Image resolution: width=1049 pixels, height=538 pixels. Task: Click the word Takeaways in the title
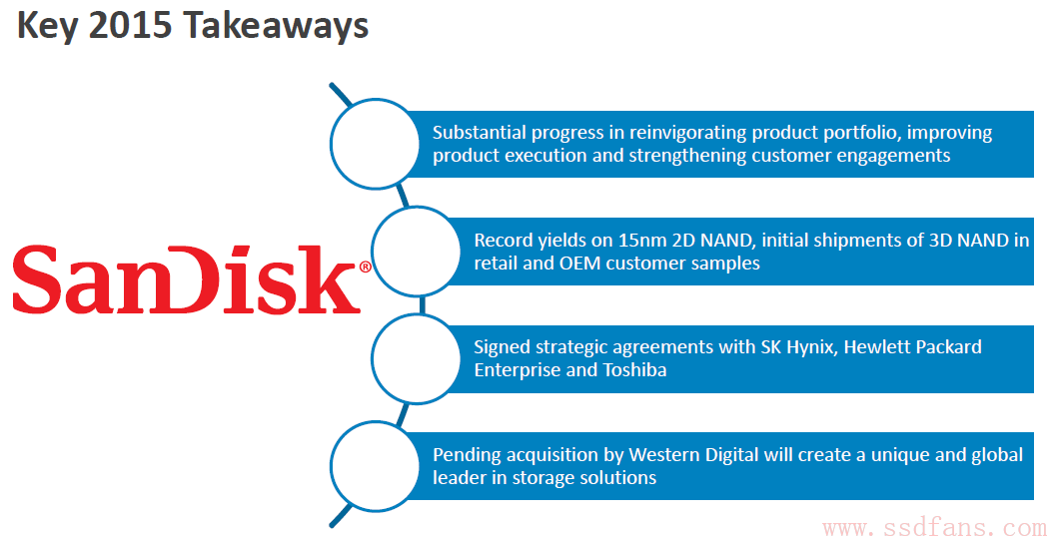(275, 27)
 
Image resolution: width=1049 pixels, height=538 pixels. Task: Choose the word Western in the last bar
(667, 456)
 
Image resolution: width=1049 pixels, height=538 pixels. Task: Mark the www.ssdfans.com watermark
(934, 529)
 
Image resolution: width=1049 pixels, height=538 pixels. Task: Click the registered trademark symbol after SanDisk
(366, 267)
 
